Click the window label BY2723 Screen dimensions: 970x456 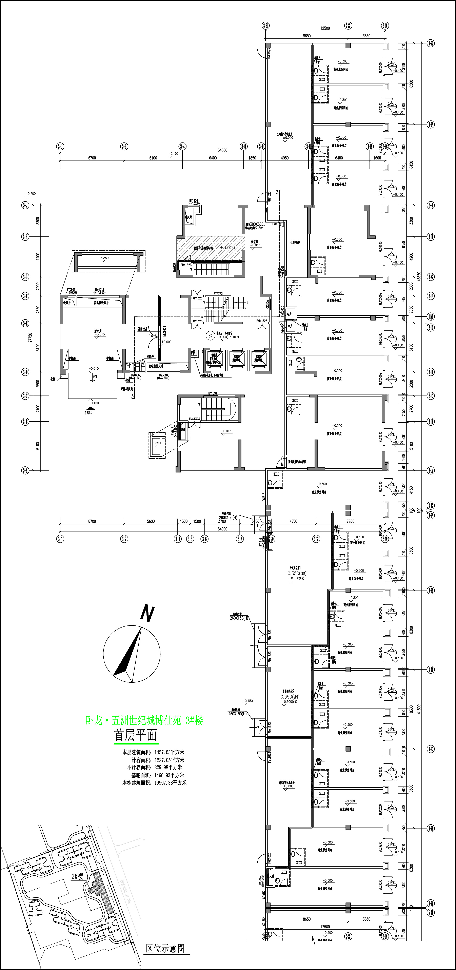tap(218, 294)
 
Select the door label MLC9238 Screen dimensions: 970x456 tap(164, 333)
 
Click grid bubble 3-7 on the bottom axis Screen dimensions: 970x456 tap(240, 539)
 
